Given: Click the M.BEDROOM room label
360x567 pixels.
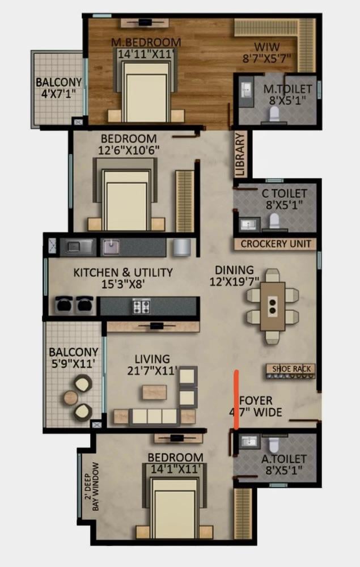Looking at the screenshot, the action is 146,42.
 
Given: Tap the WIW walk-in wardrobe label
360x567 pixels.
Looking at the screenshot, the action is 267,46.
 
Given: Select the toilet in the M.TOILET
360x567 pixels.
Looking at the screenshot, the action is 275,113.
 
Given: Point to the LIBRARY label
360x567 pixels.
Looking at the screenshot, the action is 240,154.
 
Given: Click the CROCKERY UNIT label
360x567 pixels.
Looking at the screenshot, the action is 276,244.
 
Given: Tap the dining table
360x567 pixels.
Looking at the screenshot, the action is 273,307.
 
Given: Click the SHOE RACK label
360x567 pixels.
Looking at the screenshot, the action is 291,369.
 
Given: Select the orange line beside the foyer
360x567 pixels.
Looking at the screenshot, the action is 236,399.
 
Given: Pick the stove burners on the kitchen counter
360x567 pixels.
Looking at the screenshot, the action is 141,306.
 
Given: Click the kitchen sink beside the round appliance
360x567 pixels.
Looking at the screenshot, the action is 111,247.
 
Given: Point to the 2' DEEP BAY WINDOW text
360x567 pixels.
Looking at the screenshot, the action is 91,486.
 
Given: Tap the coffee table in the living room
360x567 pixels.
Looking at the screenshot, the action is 154,392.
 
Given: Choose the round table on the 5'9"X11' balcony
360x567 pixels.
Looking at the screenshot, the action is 71,398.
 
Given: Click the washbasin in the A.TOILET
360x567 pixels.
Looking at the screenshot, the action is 249,442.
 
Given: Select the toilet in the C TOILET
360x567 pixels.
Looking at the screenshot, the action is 274,221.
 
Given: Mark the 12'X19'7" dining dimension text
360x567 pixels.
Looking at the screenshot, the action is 235,281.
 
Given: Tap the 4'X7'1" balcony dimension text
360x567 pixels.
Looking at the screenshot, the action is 58,94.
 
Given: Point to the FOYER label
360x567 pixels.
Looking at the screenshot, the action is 256,401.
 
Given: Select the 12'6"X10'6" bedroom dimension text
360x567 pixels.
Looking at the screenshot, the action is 129,150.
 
